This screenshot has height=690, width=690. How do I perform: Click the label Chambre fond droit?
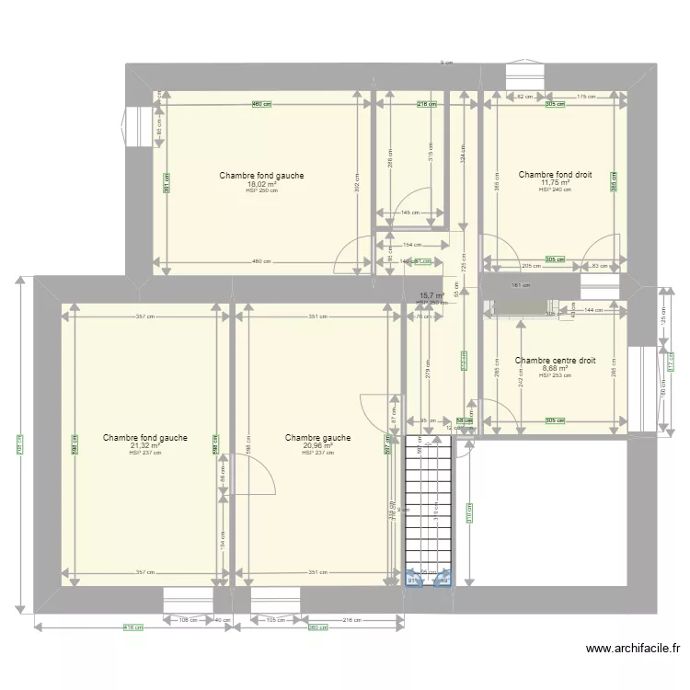tap(555, 174)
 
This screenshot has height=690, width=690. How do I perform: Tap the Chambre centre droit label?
tap(555, 361)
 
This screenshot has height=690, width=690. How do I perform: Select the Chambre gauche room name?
tap(317, 438)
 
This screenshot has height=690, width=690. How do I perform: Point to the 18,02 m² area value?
tap(261, 184)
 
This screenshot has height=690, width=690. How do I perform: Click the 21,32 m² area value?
tap(145, 446)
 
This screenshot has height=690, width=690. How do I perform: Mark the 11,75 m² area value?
tap(555, 182)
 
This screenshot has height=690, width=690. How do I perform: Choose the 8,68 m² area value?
tap(555, 368)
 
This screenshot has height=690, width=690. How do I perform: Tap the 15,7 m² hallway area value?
tap(431, 296)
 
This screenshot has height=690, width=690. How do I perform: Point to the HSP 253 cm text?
tap(555, 375)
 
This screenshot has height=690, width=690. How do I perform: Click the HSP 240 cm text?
tap(555, 190)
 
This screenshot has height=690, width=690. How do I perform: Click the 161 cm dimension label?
tap(520, 285)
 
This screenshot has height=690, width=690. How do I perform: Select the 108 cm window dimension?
tap(187, 620)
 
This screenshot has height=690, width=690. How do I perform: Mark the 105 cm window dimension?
tap(275, 620)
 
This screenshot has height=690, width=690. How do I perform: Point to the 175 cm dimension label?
tap(585, 97)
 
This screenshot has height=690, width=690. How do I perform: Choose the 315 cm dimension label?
tap(429, 155)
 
